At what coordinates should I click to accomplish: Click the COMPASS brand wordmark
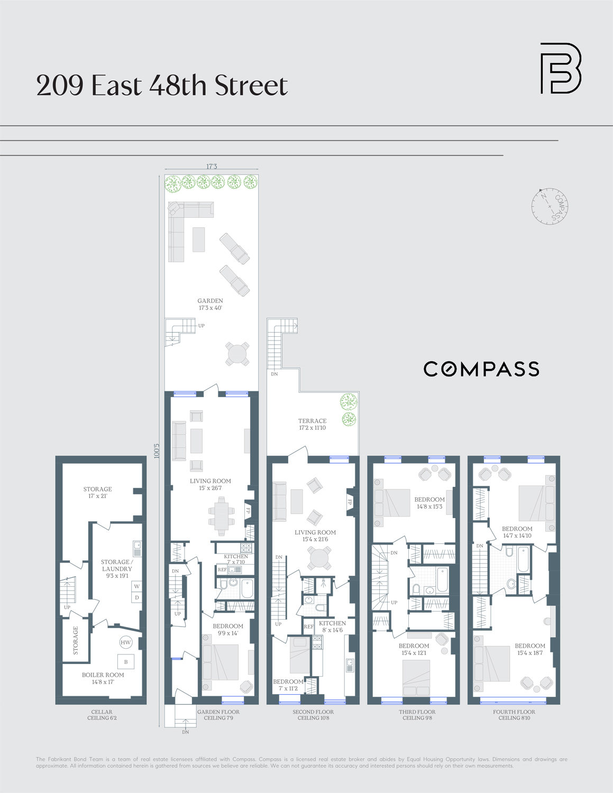click(x=481, y=369)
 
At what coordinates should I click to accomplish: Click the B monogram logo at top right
click(x=560, y=69)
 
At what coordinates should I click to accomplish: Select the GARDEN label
click(x=210, y=301)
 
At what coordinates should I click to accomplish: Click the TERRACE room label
click(x=312, y=421)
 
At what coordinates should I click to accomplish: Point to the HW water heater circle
click(x=125, y=642)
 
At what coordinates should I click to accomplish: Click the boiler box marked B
click(x=126, y=662)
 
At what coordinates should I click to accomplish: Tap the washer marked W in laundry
click(x=136, y=586)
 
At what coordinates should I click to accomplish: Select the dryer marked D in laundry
click(x=136, y=598)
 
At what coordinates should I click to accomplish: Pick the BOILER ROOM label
click(x=103, y=675)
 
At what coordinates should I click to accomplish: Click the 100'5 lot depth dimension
click(x=157, y=450)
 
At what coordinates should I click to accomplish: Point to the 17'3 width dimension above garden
click(x=212, y=167)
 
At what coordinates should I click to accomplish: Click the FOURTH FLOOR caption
click(x=514, y=712)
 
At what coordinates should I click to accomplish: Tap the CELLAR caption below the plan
click(x=102, y=712)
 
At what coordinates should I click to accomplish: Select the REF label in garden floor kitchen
click(x=222, y=570)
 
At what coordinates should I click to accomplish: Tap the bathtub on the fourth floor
click(x=523, y=559)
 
